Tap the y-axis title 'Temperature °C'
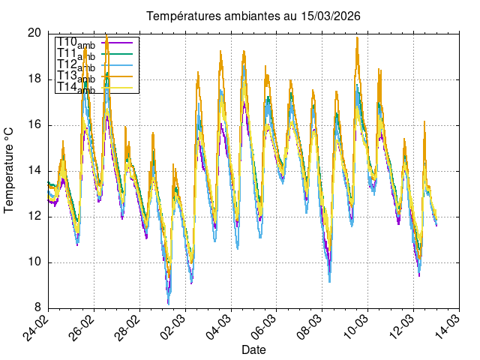click(x=10, y=169)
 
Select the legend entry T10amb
click(x=76, y=42)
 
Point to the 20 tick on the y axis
click(x=34, y=33)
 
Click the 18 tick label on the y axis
click(x=34, y=79)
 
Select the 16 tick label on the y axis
click(x=34, y=124)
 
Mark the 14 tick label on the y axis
click(x=34, y=170)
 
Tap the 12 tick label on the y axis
click(x=34, y=217)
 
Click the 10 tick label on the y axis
click(x=34, y=262)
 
